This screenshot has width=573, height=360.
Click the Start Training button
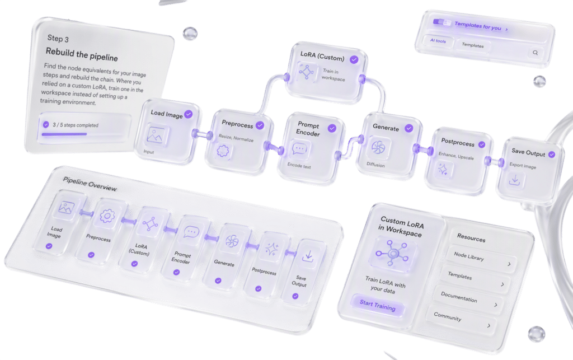tap(378, 305)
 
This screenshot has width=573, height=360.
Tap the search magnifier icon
tap(535, 53)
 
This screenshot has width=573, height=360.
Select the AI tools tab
tap(438, 40)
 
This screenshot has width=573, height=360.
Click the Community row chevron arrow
tap(489, 325)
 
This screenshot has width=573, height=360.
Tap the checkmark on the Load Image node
tap(188, 114)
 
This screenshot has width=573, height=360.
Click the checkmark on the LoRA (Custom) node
tap(354, 59)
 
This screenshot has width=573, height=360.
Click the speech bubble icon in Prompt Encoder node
tap(300, 149)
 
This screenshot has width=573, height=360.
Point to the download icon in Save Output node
tap(515, 180)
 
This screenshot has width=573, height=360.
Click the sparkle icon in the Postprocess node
tap(443, 169)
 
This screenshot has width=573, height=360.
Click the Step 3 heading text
tap(58, 39)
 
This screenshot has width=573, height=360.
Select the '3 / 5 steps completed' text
tap(76, 125)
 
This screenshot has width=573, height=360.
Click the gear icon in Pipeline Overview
tap(107, 216)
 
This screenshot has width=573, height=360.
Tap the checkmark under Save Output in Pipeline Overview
tap(295, 296)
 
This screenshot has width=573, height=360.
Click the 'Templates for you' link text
tap(478, 26)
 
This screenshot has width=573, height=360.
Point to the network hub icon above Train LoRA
tap(393, 253)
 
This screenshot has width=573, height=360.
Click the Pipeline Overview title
tap(90, 184)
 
